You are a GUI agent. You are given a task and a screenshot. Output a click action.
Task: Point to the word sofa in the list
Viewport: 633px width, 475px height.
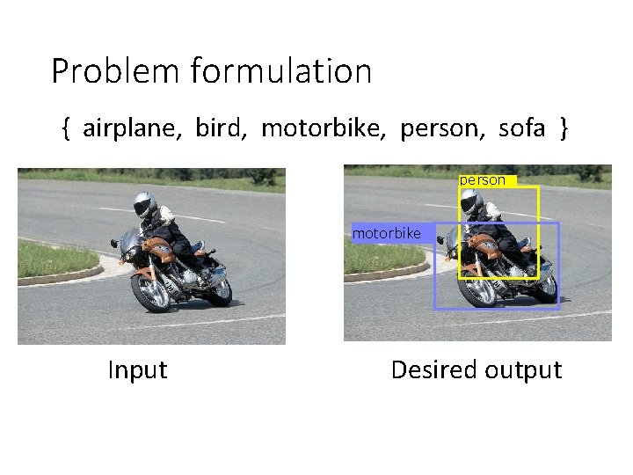521,129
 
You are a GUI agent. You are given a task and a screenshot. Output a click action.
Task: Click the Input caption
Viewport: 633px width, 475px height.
137,370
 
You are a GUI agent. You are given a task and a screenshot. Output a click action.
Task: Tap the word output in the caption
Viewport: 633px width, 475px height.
524,370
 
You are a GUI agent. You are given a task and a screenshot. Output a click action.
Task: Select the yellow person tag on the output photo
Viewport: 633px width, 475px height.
484,180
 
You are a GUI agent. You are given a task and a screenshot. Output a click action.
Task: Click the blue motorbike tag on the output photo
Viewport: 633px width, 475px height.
387,234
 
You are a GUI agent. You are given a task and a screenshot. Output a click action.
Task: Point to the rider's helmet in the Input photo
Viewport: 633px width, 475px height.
144,206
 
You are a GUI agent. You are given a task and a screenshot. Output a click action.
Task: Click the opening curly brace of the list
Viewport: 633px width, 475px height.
66,129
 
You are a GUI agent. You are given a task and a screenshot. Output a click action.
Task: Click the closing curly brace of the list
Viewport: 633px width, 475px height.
564,129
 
